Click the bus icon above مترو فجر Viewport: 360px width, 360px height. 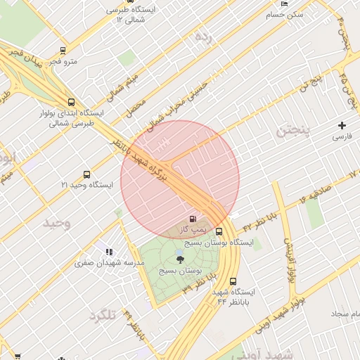[x=63, y=51]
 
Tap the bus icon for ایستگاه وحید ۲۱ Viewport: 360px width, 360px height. [x=86, y=174]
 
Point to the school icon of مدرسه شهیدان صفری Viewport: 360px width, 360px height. [x=109, y=251]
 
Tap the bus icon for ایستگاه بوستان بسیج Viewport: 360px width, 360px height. [x=219, y=231]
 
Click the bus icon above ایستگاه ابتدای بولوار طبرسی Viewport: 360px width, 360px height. [x=70, y=102]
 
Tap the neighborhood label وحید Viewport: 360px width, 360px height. [x=57, y=223]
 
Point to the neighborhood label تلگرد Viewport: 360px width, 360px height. [x=102, y=316]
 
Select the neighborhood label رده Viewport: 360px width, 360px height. [x=203, y=35]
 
